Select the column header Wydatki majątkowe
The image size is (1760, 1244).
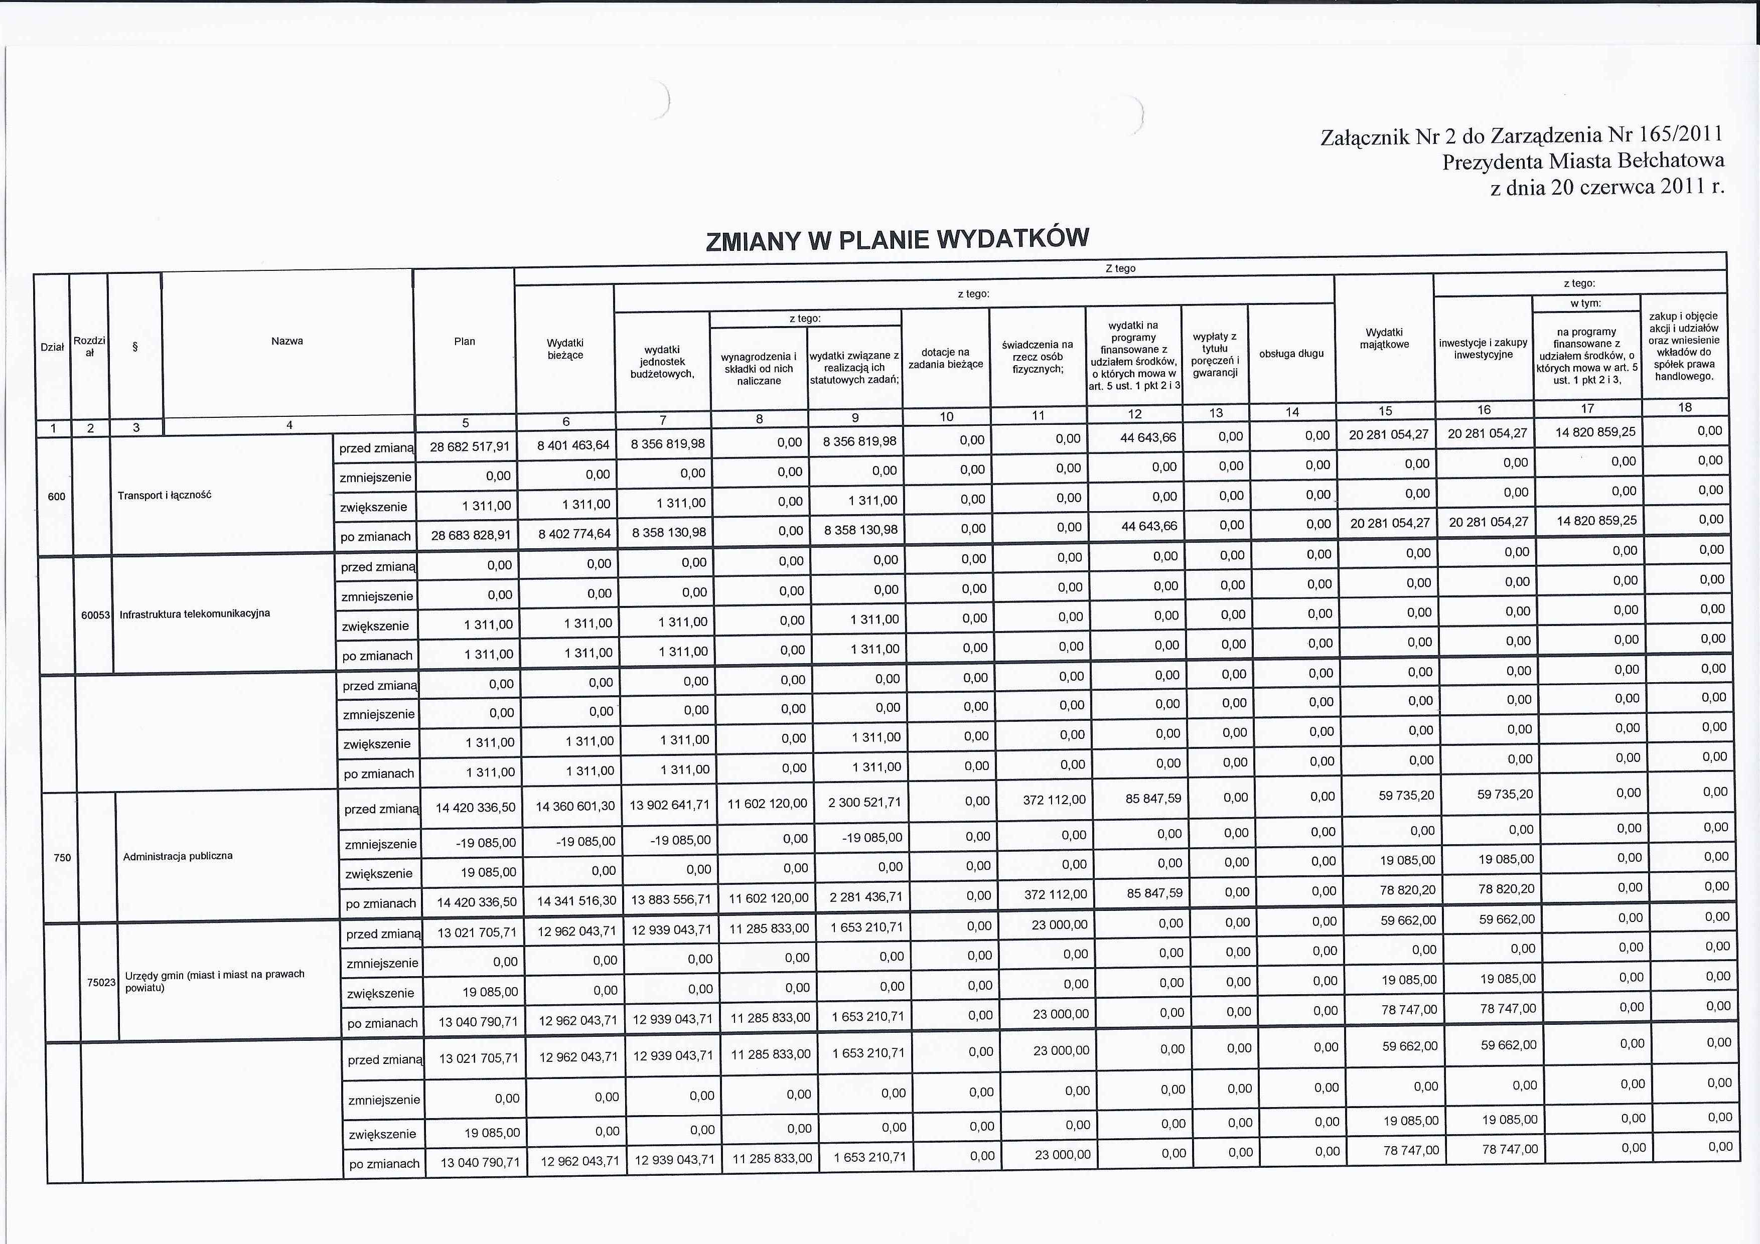click(x=1384, y=339)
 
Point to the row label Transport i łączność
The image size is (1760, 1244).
click(x=164, y=495)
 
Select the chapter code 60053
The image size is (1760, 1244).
click(x=96, y=614)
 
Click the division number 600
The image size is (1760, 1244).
click(x=56, y=497)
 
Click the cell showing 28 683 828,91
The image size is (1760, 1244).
click(x=471, y=535)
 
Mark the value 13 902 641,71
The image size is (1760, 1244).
click(x=669, y=805)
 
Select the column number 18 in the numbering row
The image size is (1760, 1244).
click(x=1684, y=407)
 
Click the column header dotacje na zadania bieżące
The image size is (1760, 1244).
click(x=946, y=358)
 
